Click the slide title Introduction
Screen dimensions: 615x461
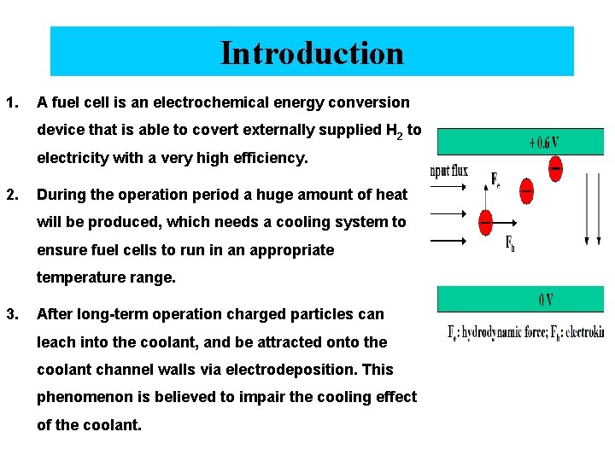point(312,52)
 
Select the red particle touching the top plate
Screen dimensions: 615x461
point(555,166)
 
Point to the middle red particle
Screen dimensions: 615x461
point(526,190)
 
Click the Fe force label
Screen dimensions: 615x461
point(495,179)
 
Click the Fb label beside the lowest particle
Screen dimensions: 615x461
point(510,245)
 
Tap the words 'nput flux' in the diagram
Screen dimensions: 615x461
point(450,171)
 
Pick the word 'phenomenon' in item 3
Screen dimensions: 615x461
point(83,397)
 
